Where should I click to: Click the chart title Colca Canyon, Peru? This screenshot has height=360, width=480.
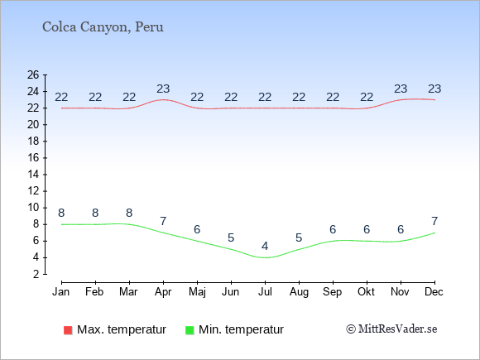(x=103, y=27)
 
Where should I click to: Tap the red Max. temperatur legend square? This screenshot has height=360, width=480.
(x=68, y=330)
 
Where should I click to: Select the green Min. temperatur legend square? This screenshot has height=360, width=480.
(x=190, y=330)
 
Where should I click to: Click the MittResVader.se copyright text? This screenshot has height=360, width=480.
(x=391, y=329)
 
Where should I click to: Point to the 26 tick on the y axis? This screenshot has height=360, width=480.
(x=33, y=74)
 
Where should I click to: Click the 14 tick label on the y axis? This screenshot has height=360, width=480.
(x=33, y=175)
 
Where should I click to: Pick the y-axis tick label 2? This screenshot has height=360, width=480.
(x=36, y=274)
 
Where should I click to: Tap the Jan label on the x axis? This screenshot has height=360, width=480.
(x=61, y=292)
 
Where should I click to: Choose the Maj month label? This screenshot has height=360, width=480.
(x=197, y=292)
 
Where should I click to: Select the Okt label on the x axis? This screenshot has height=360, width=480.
(x=366, y=292)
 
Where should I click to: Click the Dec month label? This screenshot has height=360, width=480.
(x=434, y=292)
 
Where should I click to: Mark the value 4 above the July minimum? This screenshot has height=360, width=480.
(x=265, y=246)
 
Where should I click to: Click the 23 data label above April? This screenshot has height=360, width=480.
(x=163, y=89)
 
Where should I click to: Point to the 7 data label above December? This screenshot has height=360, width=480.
(x=434, y=221)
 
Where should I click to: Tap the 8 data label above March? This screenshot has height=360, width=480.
(x=129, y=213)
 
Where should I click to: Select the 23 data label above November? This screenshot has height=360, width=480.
(x=401, y=89)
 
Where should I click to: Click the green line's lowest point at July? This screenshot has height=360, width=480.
(x=265, y=257)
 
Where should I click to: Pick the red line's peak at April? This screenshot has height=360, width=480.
(x=164, y=99)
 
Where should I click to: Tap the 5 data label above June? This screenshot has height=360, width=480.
(x=231, y=238)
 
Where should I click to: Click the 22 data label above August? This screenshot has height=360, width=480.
(x=299, y=97)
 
